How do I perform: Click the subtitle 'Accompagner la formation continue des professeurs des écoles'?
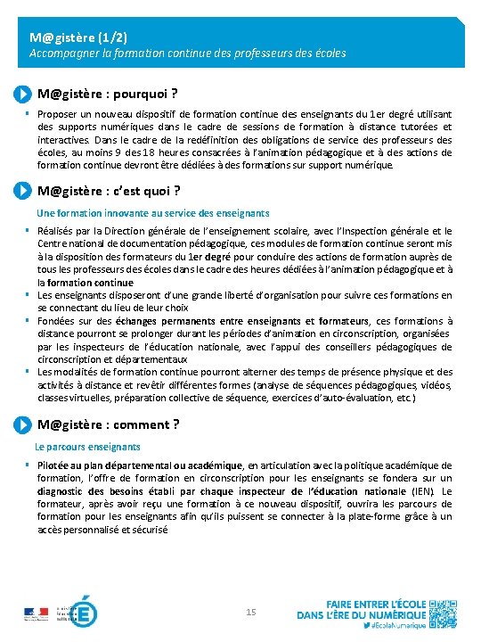point(188,53)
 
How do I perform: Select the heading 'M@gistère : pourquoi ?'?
point(108,94)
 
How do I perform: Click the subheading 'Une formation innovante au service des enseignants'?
point(152,213)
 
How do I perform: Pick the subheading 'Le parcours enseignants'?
point(87,446)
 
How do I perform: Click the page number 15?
point(250,612)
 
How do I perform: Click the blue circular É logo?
point(84,612)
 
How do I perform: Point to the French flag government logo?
point(36,613)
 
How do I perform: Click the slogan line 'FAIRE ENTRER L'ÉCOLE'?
point(375,604)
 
